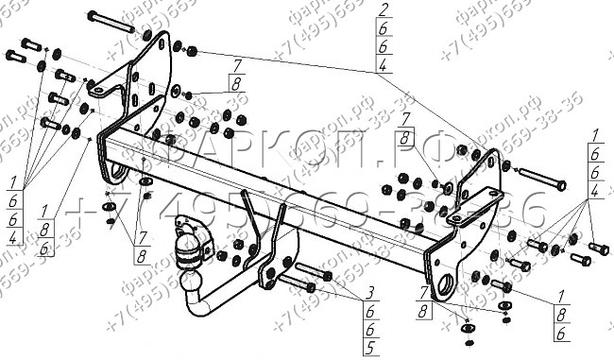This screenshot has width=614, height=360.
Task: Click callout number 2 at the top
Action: point(382,10)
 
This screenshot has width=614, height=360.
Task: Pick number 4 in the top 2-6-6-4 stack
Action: point(382,65)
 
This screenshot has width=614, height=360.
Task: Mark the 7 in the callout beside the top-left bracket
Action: point(236,62)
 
